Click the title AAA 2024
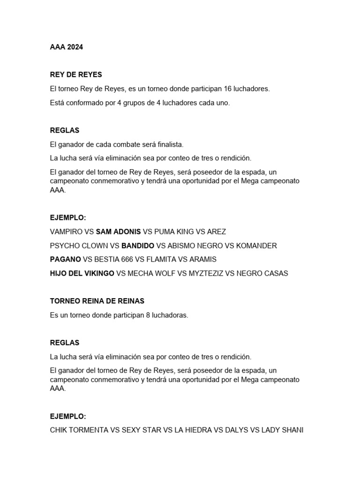click(66, 47)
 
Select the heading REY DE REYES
click(76, 75)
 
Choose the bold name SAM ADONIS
click(118, 232)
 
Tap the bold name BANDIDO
click(138, 246)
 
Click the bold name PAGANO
click(65, 259)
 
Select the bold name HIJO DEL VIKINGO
click(82, 273)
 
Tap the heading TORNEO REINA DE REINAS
click(97, 301)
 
